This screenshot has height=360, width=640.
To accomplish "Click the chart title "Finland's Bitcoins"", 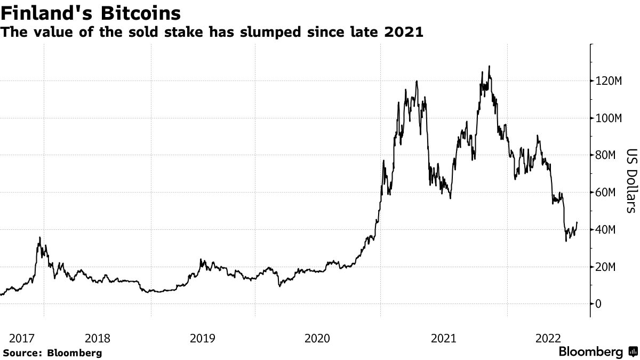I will coord(90,12).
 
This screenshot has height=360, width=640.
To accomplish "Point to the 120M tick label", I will coord(609,81).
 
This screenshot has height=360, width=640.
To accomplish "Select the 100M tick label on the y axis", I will coord(609,118).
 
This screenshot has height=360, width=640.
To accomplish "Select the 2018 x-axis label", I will coord(98,338).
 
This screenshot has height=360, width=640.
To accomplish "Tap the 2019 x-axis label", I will coord(203,338).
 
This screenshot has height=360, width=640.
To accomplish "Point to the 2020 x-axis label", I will coord(318,338).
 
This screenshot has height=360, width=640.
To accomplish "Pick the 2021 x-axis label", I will coord(443,338).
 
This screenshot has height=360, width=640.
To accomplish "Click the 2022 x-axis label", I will coord(548,338).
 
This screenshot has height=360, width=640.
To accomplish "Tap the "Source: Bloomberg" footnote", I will coord(52,353).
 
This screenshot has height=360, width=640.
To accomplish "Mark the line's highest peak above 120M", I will coord(489,67).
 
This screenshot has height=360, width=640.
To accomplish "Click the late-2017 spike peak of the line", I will coord(39,237).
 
